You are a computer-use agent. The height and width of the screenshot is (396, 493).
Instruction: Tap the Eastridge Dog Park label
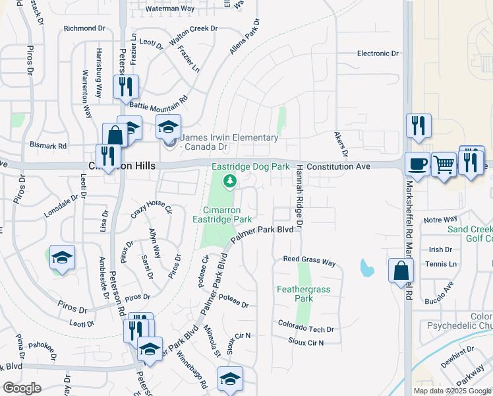(250, 167)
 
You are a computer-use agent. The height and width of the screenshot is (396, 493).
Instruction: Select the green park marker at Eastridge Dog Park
(229, 181)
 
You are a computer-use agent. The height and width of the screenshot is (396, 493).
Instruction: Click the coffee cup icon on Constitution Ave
(417, 163)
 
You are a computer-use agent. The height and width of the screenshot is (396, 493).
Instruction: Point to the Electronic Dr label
(378, 53)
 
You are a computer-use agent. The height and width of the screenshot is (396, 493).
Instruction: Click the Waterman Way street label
(170, 9)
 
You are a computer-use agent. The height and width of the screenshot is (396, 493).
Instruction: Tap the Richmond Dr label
(84, 28)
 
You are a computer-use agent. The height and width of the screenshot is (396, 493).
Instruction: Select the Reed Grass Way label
(309, 261)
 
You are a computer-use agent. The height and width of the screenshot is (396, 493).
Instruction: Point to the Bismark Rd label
(48, 145)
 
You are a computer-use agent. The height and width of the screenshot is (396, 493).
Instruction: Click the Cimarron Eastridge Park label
(222, 214)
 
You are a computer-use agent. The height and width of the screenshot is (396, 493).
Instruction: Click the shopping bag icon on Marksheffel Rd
(401, 270)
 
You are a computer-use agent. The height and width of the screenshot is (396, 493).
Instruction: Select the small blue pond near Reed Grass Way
(366, 268)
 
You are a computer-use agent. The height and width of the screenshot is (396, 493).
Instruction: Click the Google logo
(22, 388)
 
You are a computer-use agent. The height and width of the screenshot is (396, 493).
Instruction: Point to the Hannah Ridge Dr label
(299, 197)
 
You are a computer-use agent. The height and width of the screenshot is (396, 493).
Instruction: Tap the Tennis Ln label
(442, 264)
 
